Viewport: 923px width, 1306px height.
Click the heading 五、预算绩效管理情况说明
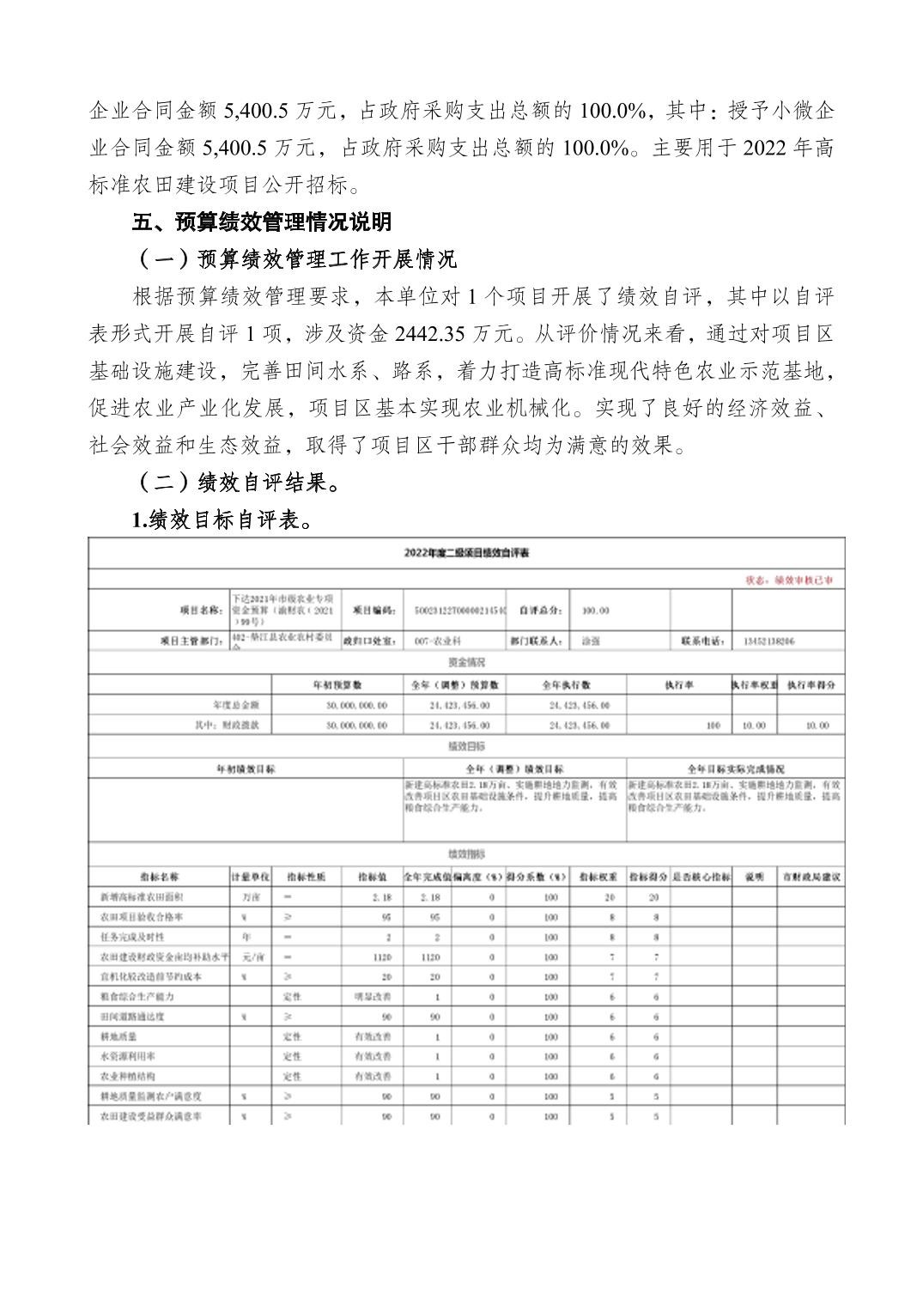(262, 222)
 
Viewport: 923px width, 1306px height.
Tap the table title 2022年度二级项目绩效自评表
(466, 552)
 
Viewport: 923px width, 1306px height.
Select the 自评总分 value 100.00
(595, 610)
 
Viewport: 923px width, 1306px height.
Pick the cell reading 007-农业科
(439, 641)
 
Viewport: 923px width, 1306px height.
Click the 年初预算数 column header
(337, 685)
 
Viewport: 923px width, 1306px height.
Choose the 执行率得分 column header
(811, 685)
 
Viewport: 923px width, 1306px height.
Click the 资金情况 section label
(466, 663)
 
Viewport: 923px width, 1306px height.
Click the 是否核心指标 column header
(701, 878)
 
